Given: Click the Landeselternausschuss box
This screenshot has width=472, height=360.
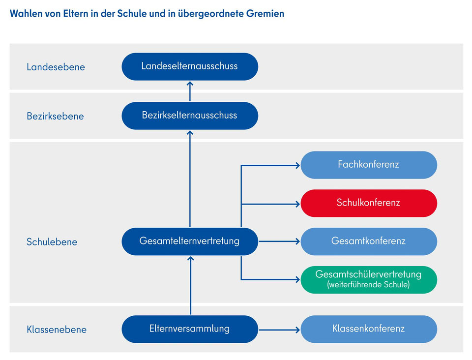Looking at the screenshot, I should click(x=190, y=66).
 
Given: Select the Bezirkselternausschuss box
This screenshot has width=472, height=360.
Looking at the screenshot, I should click(x=190, y=116).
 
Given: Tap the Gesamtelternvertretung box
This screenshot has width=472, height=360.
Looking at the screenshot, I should click(x=190, y=241).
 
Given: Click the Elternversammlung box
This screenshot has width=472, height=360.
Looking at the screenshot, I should click(x=190, y=329).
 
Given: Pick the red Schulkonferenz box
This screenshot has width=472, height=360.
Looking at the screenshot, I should click(x=369, y=203).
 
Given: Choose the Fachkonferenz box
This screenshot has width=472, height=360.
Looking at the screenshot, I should click(x=369, y=165).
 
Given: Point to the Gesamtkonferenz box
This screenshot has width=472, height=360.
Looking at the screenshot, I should click(x=369, y=241).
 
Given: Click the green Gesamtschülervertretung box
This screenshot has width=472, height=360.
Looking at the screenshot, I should click(x=369, y=279).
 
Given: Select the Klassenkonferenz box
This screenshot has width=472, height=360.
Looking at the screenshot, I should click(x=369, y=329).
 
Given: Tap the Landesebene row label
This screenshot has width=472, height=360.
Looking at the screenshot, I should click(x=56, y=67).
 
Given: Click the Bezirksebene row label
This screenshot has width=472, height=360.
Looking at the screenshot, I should click(x=55, y=117).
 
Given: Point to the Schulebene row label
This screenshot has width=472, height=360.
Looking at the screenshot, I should click(x=52, y=242).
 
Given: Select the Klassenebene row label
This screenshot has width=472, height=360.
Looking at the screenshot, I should click(x=57, y=330).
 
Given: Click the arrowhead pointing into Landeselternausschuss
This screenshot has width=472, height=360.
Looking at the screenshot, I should click(x=190, y=84).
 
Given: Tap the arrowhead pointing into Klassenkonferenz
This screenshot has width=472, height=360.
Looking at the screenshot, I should click(x=297, y=329).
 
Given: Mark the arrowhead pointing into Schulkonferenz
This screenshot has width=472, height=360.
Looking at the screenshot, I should click(x=297, y=203).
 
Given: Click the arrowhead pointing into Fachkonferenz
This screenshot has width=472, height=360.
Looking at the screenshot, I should click(x=297, y=165).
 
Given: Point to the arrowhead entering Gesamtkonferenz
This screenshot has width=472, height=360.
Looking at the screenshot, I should click(x=297, y=241).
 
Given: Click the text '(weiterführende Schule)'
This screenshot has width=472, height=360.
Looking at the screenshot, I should click(x=369, y=285).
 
